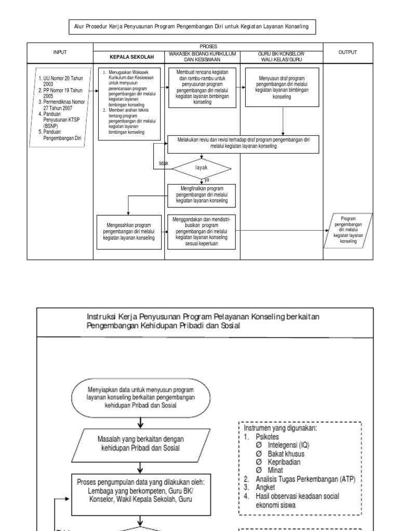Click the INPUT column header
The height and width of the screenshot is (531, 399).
point(60,52)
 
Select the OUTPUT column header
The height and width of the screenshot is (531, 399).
point(348,52)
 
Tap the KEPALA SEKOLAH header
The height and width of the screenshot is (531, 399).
point(128,57)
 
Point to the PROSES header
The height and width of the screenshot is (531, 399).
point(208,46)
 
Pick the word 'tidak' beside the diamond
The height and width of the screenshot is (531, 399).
point(164,163)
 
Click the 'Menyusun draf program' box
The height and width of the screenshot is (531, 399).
point(283,86)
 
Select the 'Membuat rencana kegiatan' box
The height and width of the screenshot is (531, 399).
point(202,87)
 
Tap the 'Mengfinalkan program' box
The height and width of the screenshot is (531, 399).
point(202,194)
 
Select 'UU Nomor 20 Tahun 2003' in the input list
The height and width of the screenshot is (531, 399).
point(57,80)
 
